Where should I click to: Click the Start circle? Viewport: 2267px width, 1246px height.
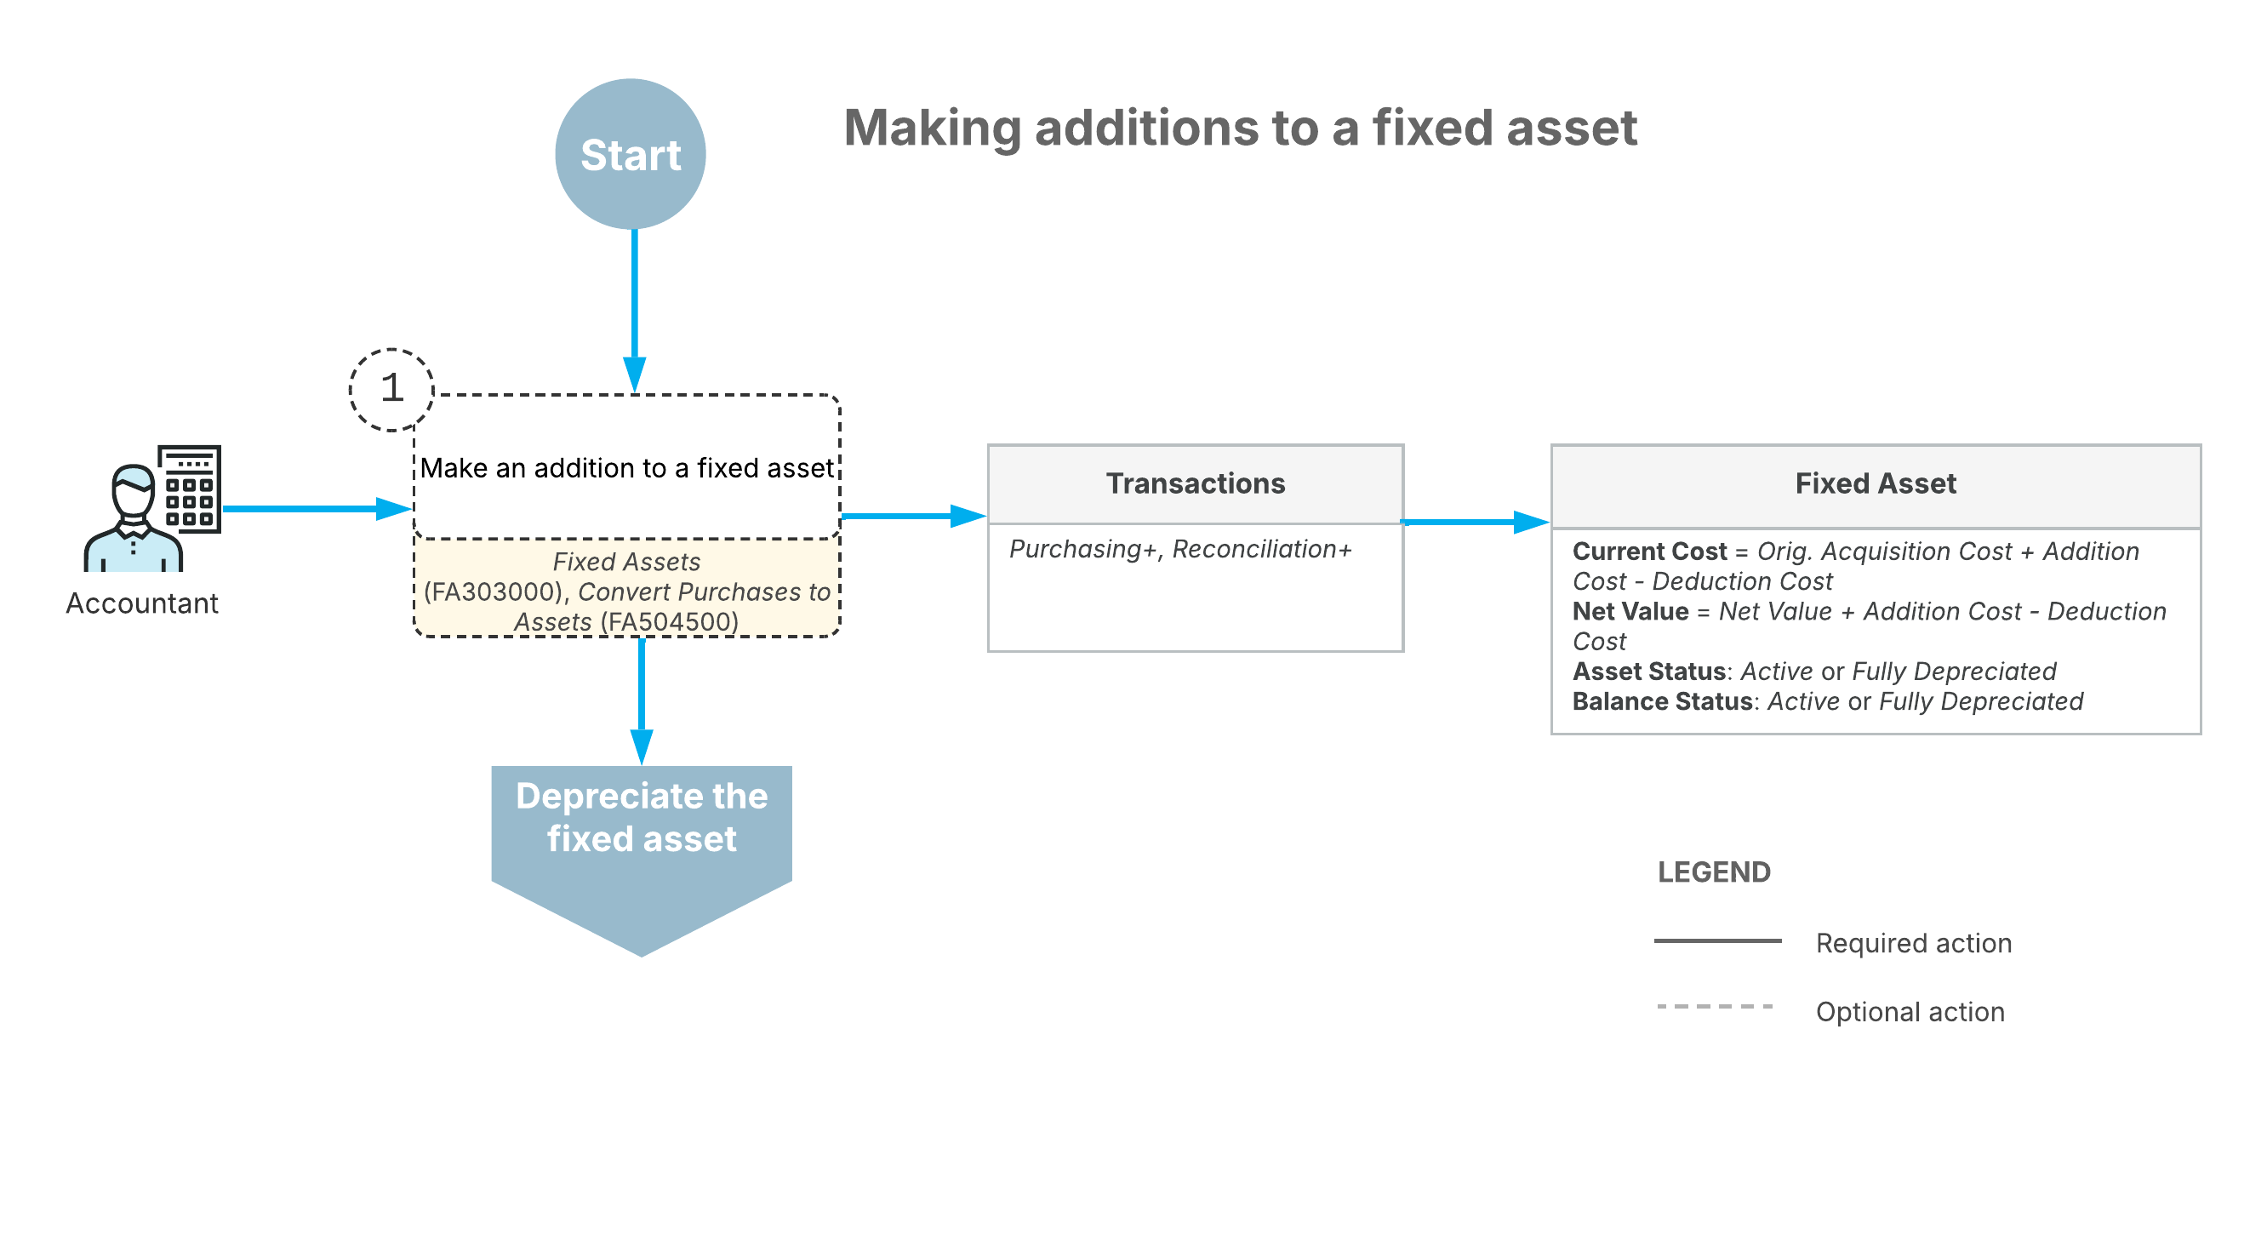[630, 154]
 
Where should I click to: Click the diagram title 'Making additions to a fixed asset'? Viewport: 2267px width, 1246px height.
[1240, 128]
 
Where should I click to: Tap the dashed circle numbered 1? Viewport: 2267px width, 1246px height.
[391, 389]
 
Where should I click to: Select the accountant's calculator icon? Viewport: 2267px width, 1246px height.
[189, 489]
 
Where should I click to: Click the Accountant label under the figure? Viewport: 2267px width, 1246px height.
[141, 603]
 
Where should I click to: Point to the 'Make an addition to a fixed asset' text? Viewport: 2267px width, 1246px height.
[626, 467]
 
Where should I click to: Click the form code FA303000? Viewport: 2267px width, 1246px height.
[493, 592]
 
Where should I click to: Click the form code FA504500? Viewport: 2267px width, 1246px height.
[670, 621]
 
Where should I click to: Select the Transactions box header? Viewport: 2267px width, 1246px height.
[1195, 483]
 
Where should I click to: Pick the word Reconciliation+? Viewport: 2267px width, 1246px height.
[1261, 549]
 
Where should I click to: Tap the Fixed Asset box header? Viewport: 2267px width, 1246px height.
[1876, 485]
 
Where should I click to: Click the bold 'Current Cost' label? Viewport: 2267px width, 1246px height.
[1649, 552]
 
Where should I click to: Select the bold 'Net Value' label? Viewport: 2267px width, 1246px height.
[1630, 612]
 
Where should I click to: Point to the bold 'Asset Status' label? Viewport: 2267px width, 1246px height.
[1648, 672]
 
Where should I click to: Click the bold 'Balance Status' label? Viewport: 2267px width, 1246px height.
[1663, 701]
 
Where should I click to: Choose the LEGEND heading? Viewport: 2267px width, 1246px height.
[1714, 872]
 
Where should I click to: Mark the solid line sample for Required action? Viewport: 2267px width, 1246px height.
[1717, 940]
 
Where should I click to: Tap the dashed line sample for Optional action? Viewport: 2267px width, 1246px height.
[1716, 1006]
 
